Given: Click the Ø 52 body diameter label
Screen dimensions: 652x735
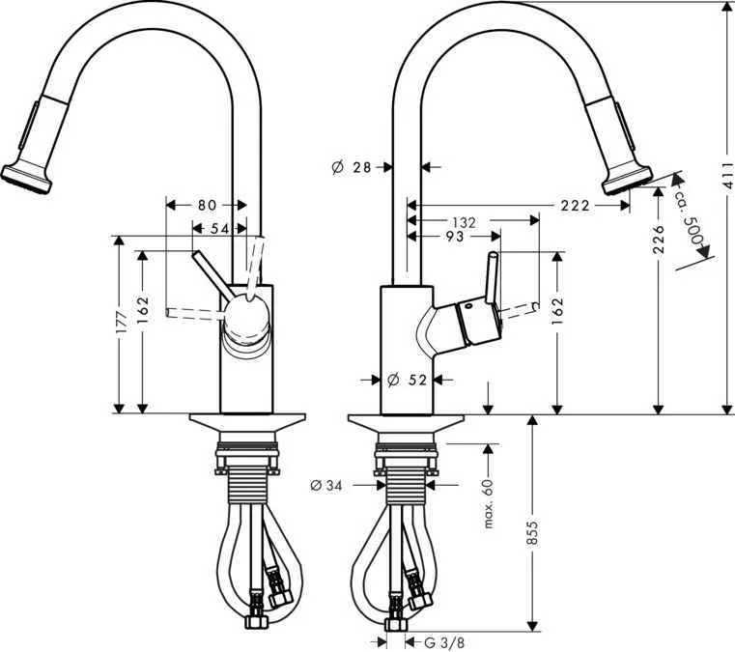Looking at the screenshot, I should tap(407, 380).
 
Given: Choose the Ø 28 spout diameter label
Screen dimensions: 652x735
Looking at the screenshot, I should tap(352, 167).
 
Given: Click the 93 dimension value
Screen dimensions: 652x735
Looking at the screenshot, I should tap(454, 237).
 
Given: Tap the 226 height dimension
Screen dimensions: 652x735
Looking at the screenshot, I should tap(659, 239).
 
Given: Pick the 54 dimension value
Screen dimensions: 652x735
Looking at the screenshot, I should tap(221, 228).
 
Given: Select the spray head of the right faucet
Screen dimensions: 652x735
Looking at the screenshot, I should tap(626, 181).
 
